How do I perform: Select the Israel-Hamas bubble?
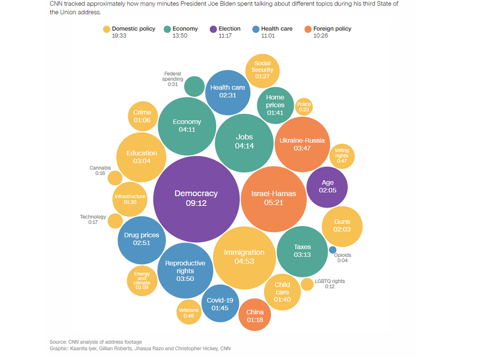click(273, 198)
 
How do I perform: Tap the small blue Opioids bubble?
click(333, 250)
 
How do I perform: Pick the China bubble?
click(255, 315)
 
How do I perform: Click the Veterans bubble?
click(188, 313)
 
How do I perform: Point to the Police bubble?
click(304, 106)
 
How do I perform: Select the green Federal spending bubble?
click(195, 86)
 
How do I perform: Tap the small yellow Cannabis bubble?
click(115, 178)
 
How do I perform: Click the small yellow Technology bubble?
click(115, 221)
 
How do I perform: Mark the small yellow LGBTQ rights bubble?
click(307, 284)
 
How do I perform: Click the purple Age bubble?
click(327, 187)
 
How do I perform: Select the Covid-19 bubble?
click(220, 304)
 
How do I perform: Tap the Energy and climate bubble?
click(142, 281)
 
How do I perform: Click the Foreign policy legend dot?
click(308, 29)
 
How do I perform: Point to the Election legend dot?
click(213, 29)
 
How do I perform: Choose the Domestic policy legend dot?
click(106, 29)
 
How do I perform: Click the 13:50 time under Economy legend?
click(180, 36)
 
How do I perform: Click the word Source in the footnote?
click(58, 342)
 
